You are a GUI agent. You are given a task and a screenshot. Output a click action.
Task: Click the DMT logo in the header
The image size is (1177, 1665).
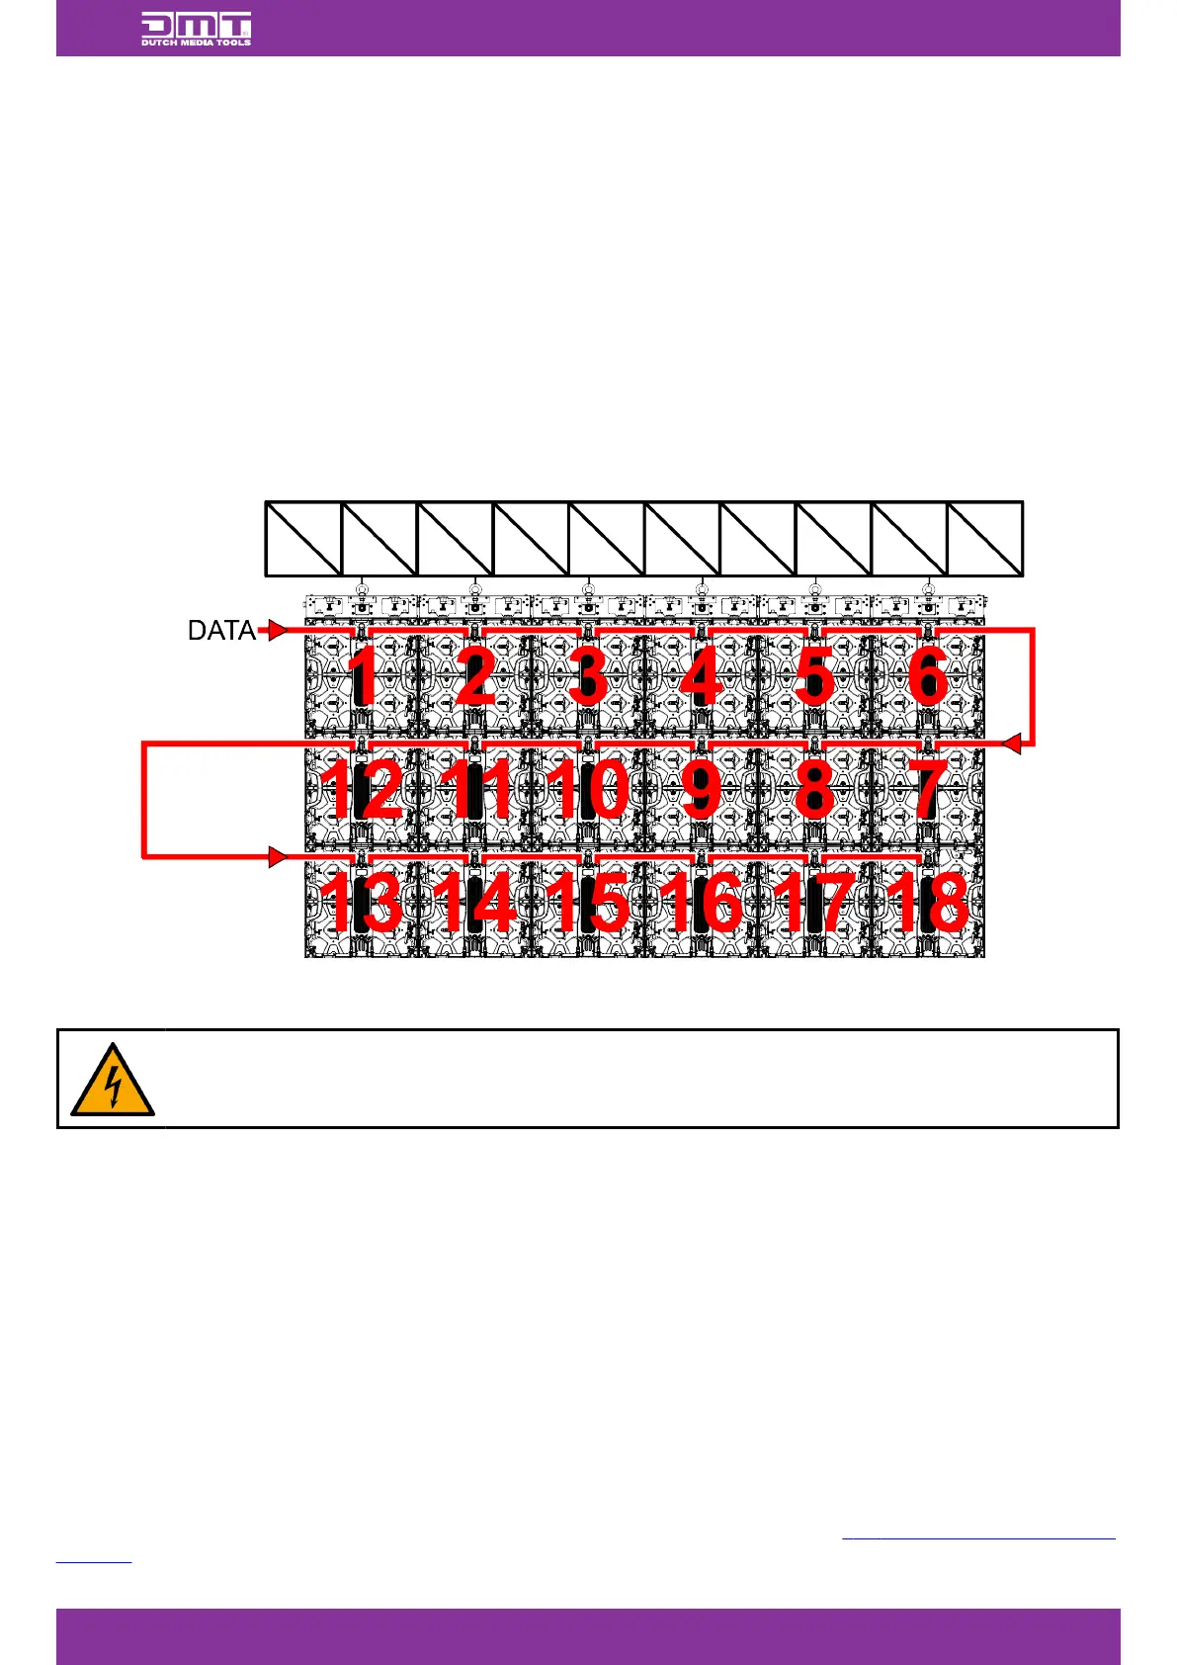point(196,29)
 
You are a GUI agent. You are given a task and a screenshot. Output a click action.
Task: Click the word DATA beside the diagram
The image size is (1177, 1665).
point(221,631)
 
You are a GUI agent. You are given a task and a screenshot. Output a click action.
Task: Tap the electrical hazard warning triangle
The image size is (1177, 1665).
point(113,1080)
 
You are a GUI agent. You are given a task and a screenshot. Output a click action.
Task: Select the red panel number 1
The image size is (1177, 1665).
point(363,678)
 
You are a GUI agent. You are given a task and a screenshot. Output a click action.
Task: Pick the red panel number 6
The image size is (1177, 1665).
point(928,678)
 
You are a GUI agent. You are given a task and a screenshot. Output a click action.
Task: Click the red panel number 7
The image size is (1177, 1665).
point(927,790)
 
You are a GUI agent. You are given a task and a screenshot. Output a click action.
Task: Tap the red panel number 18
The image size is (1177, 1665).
point(927,902)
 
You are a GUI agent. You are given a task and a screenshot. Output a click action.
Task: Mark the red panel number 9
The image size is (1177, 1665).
point(701,790)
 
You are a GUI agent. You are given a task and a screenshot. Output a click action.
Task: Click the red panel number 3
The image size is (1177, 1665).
point(588,678)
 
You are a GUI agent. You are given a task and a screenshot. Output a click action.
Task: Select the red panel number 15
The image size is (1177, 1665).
point(588,902)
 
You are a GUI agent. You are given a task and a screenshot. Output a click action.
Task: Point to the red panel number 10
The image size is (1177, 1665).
point(588,790)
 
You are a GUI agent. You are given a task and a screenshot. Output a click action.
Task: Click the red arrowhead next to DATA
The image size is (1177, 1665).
point(278,630)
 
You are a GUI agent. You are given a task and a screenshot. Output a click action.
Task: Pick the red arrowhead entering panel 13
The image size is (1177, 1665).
point(278,856)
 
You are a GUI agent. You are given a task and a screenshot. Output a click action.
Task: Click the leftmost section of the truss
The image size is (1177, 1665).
point(303,539)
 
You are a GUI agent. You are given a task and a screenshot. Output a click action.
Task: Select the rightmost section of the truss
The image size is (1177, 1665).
point(985,539)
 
